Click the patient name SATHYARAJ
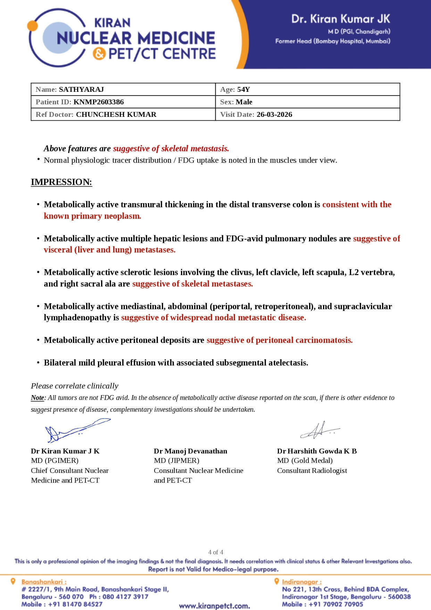coord(81,89)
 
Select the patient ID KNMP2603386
coord(99,102)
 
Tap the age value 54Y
coord(243,89)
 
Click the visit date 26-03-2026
coord(274,114)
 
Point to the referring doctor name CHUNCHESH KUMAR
coord(116,114)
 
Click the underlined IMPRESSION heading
coord(61,182)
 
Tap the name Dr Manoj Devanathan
coord(190,451)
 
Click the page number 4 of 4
coord(216,552)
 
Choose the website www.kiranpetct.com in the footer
coord(214,606)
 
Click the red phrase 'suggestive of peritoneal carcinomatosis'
coord(279,340)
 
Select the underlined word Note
coord(37,398)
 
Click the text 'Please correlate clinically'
coord(74,386)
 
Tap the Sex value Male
coord(244,102)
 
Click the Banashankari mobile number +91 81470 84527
coord(75,604)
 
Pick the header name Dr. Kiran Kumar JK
coord(340,19)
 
